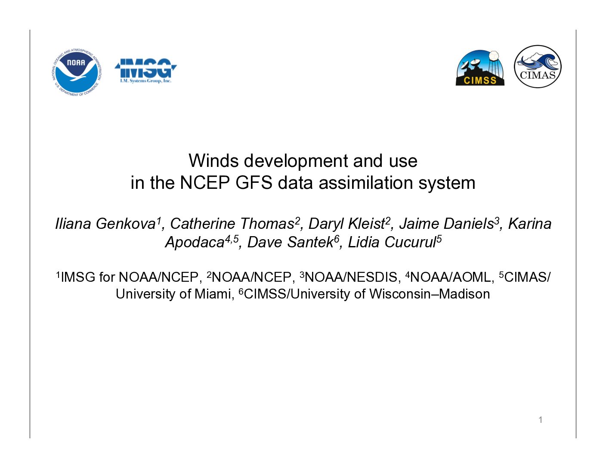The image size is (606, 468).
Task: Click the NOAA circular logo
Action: pos(77,72)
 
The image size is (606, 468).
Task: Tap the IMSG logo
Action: pos(145,71)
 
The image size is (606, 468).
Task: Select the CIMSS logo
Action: pos(479,68)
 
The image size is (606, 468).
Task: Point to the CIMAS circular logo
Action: pos(538,66)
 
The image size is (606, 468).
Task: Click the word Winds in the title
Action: pos(213,161)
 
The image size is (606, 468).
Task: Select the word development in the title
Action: pos(296,162)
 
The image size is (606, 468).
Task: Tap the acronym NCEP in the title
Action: pos(205,183)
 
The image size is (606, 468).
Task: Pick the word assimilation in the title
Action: pos(365,183)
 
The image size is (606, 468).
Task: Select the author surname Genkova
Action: pos(126,224)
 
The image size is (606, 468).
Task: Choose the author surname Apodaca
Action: pos(195,242)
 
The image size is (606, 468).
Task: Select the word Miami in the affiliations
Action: pos(213,294)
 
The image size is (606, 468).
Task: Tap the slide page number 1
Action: pos(541,420)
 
